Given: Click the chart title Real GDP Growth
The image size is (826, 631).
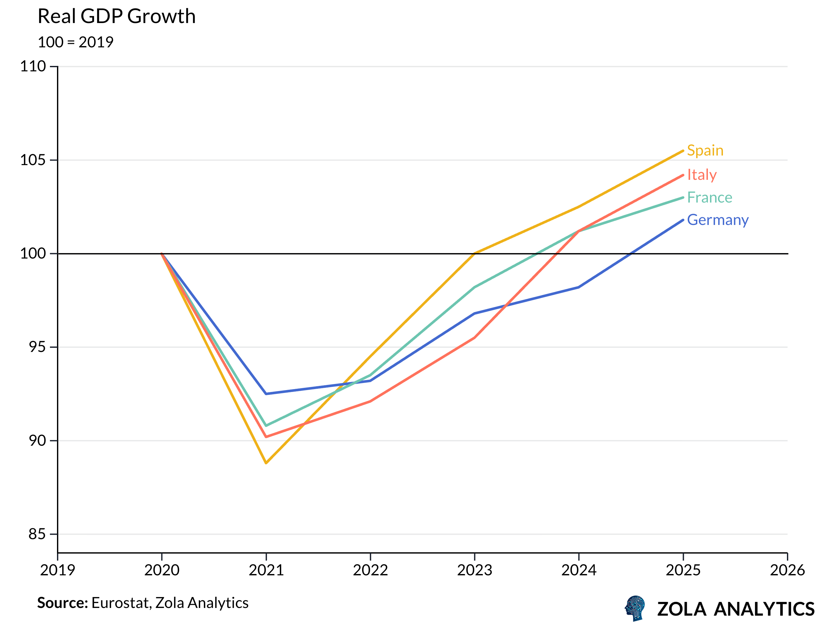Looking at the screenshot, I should tap(117, 17).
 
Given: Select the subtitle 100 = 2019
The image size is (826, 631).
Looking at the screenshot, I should tap(75, 42).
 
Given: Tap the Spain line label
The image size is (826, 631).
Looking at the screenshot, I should tap(705, 150).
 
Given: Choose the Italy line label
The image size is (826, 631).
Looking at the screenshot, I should tap(701, 175).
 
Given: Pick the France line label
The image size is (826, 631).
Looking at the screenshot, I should tap(709, 197).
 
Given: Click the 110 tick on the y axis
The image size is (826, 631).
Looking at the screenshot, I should tap(33, 67).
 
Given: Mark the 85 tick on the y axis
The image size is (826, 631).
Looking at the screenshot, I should tap(37, 534).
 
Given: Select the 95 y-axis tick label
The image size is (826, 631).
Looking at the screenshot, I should tap(37, 347).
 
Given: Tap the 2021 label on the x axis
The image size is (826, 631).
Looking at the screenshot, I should tap(266, 571).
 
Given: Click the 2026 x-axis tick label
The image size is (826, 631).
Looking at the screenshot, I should tap(787, 571).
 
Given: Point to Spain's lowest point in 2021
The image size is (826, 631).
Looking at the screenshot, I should tap(266, 463).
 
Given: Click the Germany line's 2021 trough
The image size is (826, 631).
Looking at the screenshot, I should tap(266, 394).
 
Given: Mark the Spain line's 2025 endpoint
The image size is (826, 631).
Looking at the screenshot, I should tap(683, 151).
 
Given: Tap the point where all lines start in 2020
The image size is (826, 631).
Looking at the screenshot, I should tap(162, 253).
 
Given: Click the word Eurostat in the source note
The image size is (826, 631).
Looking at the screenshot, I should tap(121, 603).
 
